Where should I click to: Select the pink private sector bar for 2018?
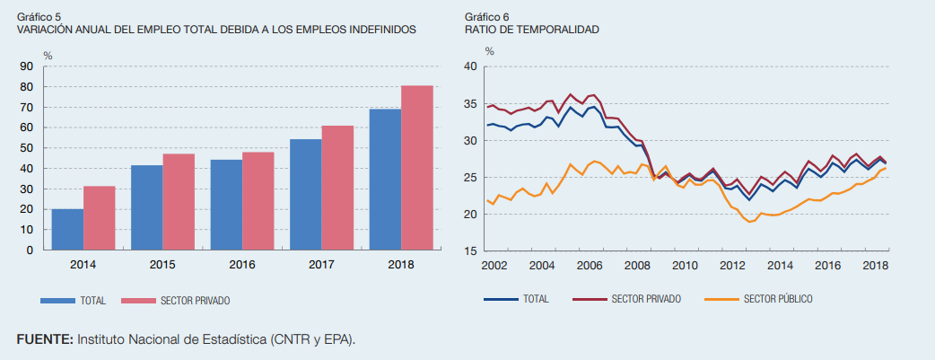coord(417,168)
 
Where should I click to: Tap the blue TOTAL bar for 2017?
coord(305,195)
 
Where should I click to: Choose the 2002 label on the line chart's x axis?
coord(494,267)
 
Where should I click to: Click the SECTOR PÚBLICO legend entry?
coord(778,299)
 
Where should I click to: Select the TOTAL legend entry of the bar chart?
coord(93,300)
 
